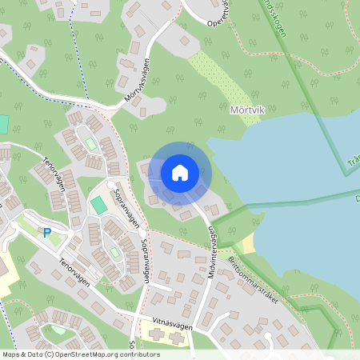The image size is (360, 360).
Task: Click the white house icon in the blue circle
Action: [180, 172]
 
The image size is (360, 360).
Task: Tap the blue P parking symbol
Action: [47, 233]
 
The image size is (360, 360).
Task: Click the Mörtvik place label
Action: [246, 110]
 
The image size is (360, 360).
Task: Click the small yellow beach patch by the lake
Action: [249, 241]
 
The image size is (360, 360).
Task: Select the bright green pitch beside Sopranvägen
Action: [98, 204]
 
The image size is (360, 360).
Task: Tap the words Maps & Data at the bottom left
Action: [22, 354]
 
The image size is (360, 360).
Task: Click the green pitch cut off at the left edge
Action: [3, 124]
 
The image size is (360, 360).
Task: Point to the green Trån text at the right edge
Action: [353, 164]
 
